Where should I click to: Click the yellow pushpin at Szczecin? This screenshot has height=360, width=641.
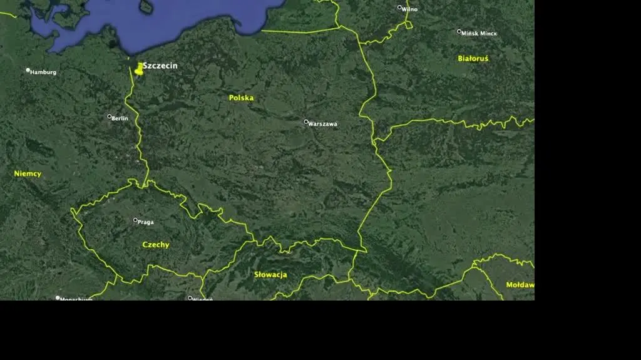pos(138,69)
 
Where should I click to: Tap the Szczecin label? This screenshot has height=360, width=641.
pos(160,66)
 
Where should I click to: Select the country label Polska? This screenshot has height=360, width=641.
pos(241,98)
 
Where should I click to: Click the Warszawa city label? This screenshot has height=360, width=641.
pos(323,124)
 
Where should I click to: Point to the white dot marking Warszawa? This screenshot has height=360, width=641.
pos(306,121)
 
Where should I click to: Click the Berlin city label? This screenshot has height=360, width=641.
pos(120,118)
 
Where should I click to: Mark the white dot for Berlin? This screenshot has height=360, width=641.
pos(109,116)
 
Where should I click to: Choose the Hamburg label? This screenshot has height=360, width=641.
pos(43,72)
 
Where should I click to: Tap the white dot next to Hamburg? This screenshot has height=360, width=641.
pos(28,70)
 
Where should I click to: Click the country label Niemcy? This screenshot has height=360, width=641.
pos(28,173)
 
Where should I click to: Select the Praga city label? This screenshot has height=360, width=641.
pos(146,222)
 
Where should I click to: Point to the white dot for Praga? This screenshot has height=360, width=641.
pos(135,220)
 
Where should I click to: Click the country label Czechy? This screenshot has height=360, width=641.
pos(156,245)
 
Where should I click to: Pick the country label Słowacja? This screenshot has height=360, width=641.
pos(270,274)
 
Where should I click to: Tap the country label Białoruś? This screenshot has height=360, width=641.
pos(473,58)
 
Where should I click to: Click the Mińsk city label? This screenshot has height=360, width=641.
pos(479,33)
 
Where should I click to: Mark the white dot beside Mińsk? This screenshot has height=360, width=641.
pos(459,31)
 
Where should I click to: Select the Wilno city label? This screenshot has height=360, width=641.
pos(409,9)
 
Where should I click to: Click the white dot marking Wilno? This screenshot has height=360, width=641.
pos(399,8)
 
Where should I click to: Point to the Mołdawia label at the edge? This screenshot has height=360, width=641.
pos(520,285)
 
